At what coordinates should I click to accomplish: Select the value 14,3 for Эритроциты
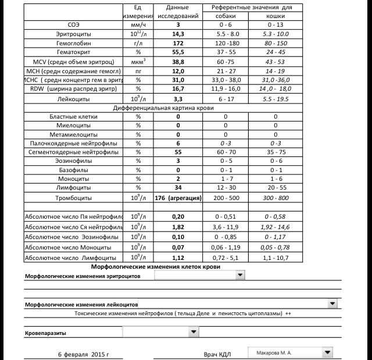[x=178, y=34]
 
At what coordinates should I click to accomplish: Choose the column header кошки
[x=275, y=16]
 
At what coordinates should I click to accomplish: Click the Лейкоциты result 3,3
[x=178, y=99]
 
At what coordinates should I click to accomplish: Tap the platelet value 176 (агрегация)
[x=178, y=198]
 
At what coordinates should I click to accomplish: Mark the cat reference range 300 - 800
[x=275, y=198]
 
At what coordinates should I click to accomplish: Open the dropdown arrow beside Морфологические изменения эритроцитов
[x=240, y=275]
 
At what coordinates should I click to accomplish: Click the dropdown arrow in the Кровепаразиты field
[x=194, y=332]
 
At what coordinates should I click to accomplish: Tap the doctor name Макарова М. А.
[x=273, y=352]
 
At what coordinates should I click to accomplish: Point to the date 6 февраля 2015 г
[x=83, y=354]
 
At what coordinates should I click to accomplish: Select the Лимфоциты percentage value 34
[x=178, y=187]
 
